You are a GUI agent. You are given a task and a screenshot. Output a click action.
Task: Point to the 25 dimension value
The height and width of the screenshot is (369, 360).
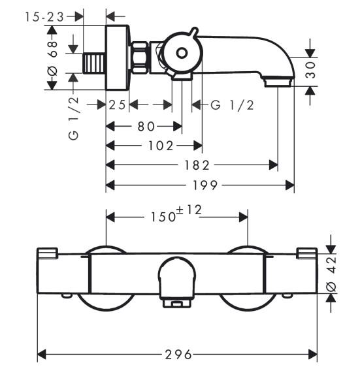[118, 105]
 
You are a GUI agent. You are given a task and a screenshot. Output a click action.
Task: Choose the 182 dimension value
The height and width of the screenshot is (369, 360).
[192, 166]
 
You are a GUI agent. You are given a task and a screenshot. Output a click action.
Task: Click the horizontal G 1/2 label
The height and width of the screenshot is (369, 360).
[231, 105]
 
